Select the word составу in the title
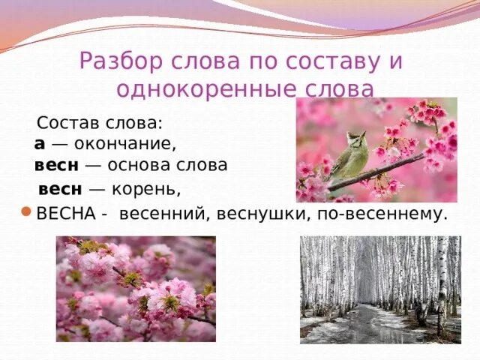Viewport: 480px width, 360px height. click(327, 61)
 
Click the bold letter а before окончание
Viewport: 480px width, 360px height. click(39, 142)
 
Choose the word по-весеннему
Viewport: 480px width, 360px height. click(375, 213)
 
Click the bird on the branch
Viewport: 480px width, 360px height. click(349, 156)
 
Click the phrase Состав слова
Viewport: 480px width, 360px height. click(104, 121)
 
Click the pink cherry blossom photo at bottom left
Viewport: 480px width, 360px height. click(136, 289)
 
